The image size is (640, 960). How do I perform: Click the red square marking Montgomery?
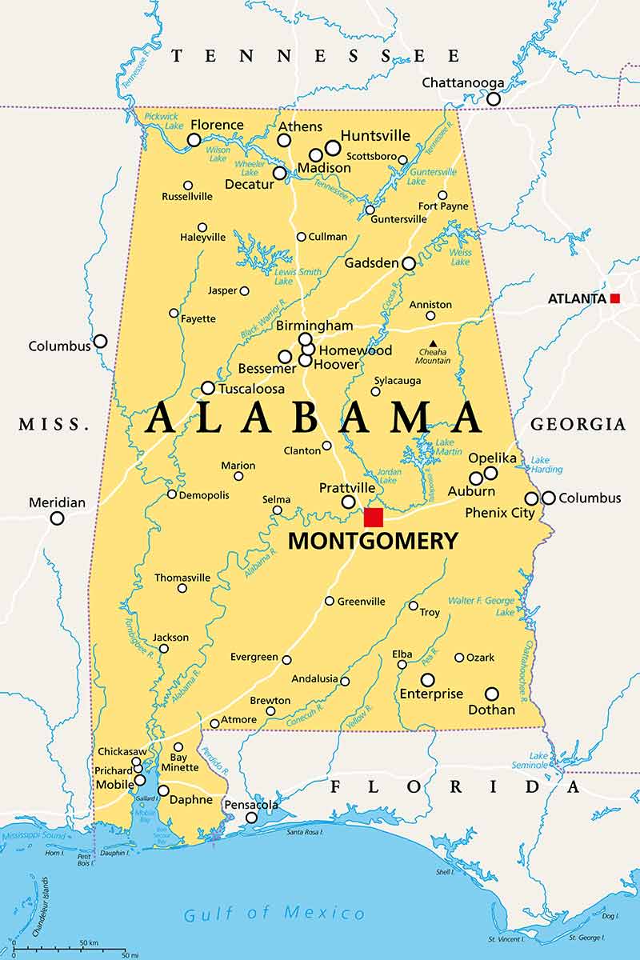coord(374,517)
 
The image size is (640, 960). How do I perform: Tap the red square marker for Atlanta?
coord(614,298)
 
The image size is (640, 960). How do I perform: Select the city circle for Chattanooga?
coord(494,99)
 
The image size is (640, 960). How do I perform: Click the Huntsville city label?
coord(375,135)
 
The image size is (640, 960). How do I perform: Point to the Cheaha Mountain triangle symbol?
coord(433,344)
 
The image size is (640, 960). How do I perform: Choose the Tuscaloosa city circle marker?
coord(208,388)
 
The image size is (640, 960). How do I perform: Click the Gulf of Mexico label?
coord(274,914)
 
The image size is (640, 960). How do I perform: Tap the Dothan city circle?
coord(492,694)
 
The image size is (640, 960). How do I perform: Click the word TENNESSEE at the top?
coord(316,56)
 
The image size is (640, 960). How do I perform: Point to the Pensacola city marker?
coord(251,818)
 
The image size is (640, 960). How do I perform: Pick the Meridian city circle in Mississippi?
coord(57,518)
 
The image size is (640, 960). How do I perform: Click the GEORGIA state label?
coord(578,424)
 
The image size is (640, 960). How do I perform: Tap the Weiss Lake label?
coord(461,258)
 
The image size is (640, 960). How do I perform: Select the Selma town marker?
coord(277,510)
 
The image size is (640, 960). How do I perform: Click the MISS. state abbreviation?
coord(54,424)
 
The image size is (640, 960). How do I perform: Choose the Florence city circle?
coord(194,140)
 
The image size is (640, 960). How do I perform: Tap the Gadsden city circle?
coord(409,263)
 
